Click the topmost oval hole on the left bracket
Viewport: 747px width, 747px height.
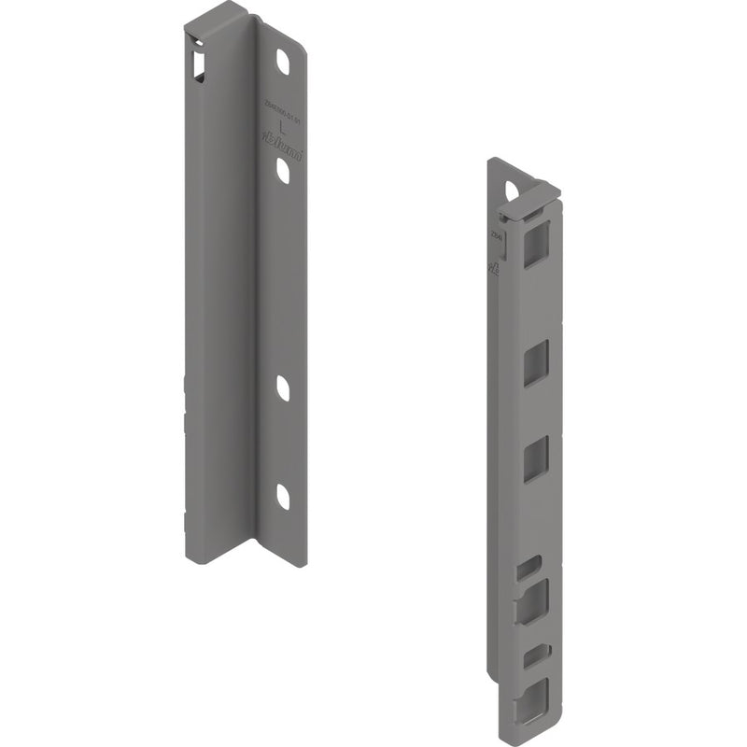282,62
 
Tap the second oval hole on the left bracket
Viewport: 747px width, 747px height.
282,169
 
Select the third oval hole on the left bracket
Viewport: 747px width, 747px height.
283,388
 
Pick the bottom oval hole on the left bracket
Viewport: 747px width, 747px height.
283,497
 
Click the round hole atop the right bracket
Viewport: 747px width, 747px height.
512,190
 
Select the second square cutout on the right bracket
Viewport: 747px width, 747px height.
535,363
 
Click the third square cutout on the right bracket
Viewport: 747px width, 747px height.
535,460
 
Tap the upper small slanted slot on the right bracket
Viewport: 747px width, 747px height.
529,566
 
